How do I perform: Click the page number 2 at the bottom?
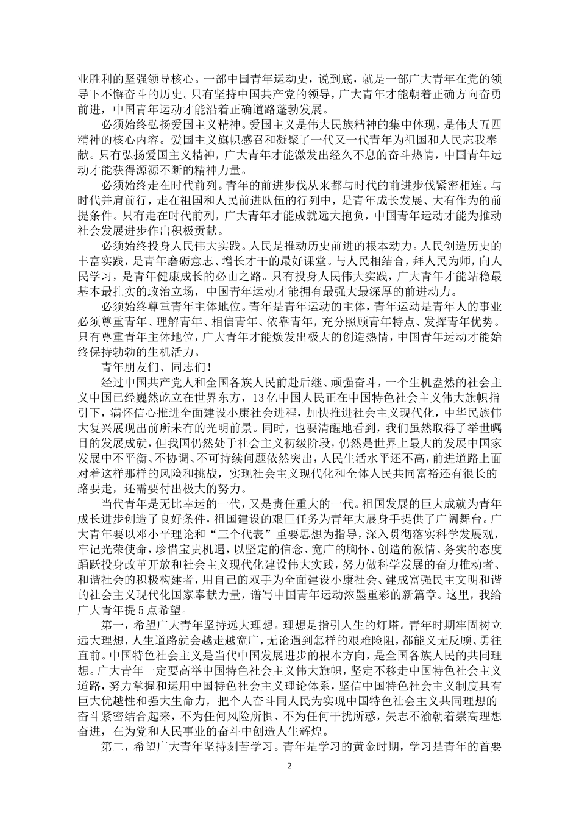coord(289,765)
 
